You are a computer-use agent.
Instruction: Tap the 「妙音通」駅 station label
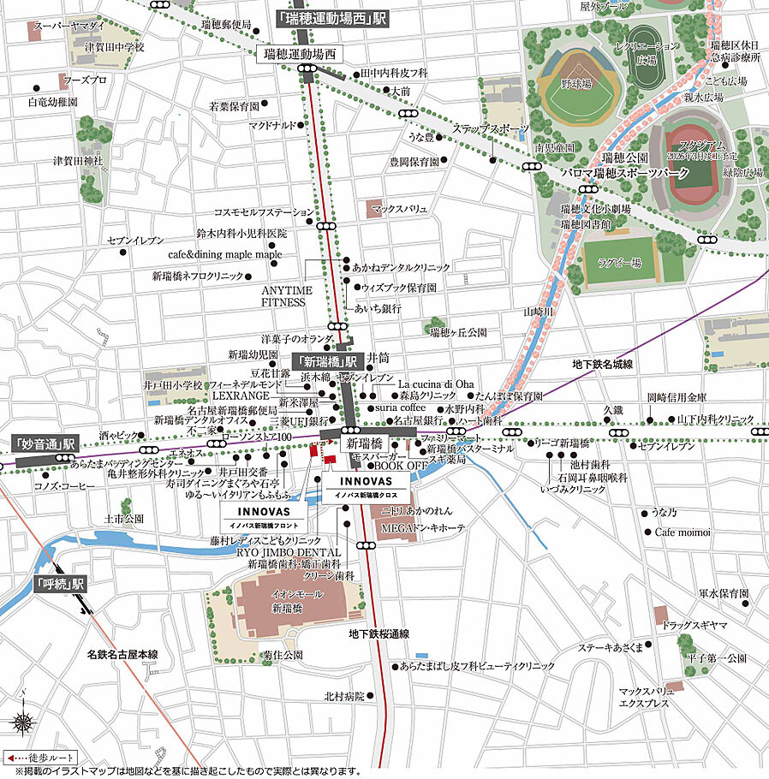coord(45,444)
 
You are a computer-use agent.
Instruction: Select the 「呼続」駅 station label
coord(61,584)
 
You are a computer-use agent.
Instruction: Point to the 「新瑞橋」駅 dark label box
coord(324,360)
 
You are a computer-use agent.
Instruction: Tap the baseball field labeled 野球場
coord(575,89)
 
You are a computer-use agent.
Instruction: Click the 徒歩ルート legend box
coord(40,758)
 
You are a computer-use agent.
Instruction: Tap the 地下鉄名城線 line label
coord(602,365)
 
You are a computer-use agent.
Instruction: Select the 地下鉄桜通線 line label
coord(379,634)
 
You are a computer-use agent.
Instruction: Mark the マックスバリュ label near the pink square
coord(405,207)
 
